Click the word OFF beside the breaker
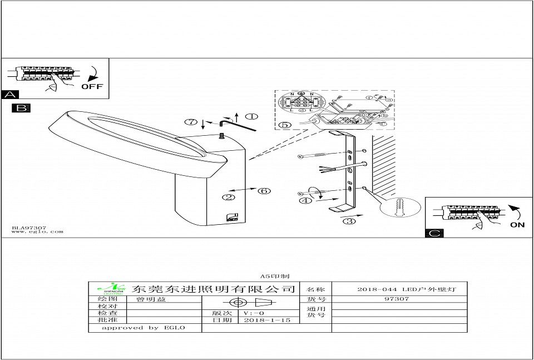pos(93,86)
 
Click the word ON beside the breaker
pos(517,225)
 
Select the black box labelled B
pos(21,108)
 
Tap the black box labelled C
pos(434,233)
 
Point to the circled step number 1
pos(251,117)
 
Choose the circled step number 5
pos(284,125)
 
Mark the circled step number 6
pos(264,191)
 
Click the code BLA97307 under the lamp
pos(29,227)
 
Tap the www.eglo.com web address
pos(37,232)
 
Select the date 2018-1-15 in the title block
pos(267,320)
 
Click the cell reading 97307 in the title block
pos(397,299)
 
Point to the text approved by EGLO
pos(143,328)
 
